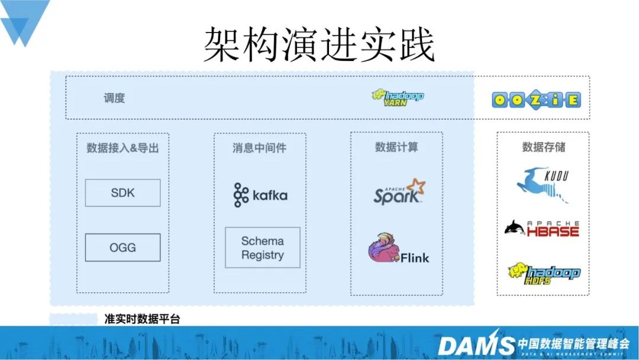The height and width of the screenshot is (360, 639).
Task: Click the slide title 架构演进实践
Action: [x=319, y=45]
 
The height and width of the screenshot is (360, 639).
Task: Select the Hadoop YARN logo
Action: [x=398, y=98]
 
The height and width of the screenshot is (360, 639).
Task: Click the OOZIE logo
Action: [x=536, y=99]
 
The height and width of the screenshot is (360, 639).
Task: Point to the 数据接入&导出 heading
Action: [x=122, y=148]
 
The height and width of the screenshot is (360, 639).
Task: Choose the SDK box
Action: [x=122, y=193]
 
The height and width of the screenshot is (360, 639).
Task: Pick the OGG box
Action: [x=122, y=247]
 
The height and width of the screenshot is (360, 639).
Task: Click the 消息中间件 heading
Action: [x=259, y=148]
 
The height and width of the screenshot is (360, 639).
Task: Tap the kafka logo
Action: [x=260, y=195]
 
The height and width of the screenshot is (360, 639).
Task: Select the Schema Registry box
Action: [x=262, y=248]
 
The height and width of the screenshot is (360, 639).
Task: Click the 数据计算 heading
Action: [x=396, y=147]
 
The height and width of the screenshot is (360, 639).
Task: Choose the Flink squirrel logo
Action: [x=398, y=251]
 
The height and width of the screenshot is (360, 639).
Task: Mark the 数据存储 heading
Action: [x=543, y=147]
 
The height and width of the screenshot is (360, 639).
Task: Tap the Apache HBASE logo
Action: [x=542, y=227]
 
